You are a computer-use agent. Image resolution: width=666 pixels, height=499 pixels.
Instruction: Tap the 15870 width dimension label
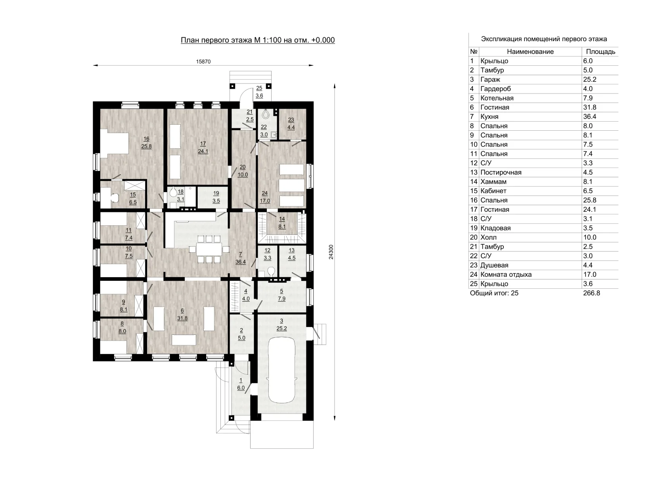(203, 61)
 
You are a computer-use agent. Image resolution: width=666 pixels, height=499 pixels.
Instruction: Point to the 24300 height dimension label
(331, 252)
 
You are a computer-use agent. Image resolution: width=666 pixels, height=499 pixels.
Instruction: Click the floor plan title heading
(258, 40)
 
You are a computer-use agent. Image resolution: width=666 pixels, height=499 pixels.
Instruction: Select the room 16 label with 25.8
(146, 143)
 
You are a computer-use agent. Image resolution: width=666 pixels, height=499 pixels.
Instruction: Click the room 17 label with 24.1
(203, 148)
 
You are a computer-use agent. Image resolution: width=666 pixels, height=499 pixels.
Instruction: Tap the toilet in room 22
(266, 114)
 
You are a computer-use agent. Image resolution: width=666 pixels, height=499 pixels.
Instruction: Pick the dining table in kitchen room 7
(209, 249)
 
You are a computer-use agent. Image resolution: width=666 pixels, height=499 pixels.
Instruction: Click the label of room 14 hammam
(282, 223)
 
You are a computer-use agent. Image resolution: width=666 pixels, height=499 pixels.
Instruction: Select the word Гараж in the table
(490, 80)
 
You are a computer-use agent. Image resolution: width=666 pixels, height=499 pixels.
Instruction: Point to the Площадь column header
(601, 52)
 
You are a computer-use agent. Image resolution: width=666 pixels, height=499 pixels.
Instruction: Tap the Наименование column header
(530, 52)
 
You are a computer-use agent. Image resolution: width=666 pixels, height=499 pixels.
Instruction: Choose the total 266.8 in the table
(591, 293)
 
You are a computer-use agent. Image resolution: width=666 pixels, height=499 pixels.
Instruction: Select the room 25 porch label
(259, 92)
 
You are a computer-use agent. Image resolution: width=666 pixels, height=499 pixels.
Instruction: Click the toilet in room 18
(173, 192)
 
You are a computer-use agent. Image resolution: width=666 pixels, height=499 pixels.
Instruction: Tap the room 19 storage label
(216, 197)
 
